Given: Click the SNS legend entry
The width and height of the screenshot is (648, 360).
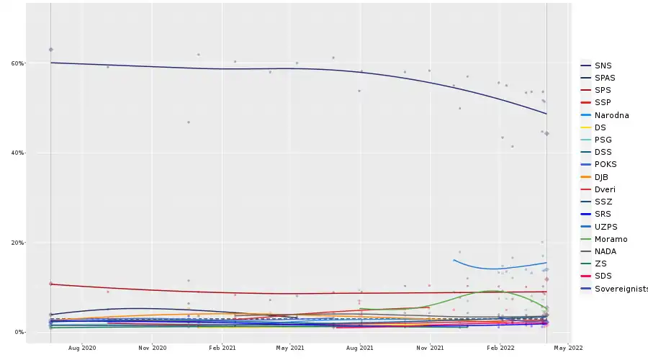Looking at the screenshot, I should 603,66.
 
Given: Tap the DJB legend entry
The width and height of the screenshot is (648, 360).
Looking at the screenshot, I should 603,177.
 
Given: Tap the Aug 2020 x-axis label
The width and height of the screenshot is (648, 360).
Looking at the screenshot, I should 83,348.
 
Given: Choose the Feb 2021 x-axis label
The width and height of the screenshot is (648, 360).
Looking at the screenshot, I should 222,348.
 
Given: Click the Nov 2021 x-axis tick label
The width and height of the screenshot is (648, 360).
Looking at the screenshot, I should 430,348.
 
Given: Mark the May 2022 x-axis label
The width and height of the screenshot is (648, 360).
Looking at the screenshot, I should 569,348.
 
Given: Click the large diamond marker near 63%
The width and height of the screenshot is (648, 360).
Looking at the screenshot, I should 51,49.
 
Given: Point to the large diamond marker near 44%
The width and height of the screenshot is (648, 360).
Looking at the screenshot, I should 547,134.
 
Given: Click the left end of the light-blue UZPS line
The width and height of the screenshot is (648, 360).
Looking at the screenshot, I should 454,260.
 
